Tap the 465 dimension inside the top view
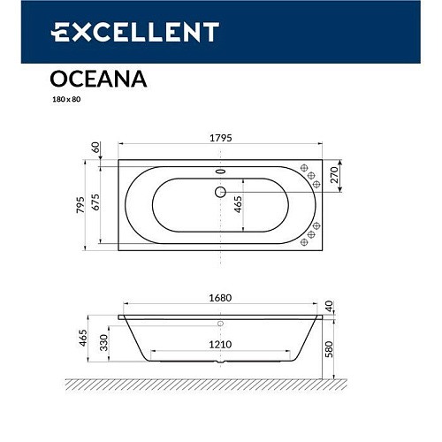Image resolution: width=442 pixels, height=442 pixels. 238,206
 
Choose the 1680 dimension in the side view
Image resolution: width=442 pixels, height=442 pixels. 220,298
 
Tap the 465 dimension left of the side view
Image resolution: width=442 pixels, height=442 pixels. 82,338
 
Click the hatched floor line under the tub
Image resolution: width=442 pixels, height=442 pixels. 220,384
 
